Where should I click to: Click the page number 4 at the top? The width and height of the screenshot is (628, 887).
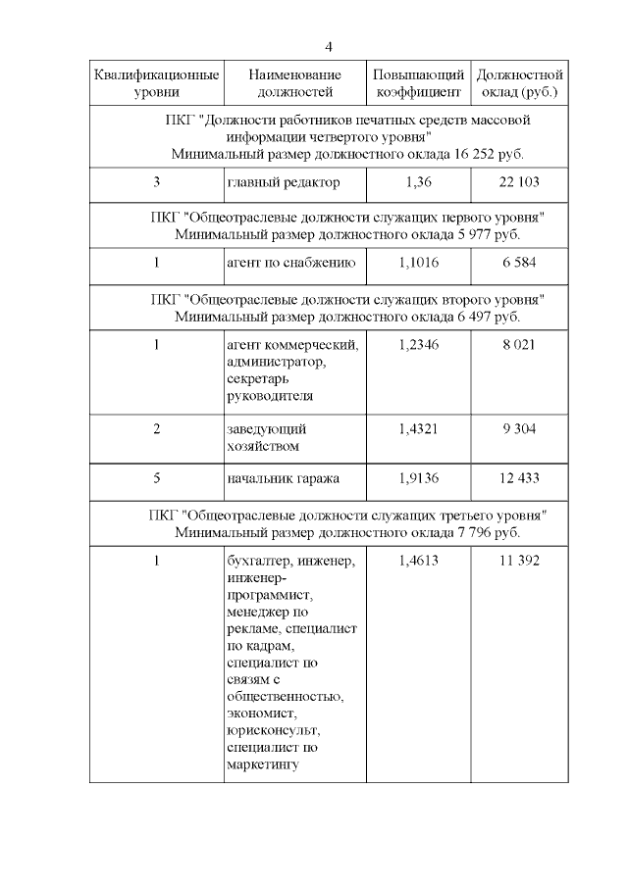click(330, 47)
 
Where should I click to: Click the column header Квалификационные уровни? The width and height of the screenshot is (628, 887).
click(157, 83)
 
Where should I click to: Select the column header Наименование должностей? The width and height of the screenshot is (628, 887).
click(294, 83)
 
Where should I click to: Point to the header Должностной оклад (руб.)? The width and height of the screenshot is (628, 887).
click(519, 83)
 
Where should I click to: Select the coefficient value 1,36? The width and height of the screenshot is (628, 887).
click(418, 182)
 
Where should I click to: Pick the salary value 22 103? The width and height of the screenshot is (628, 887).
click(519, 182)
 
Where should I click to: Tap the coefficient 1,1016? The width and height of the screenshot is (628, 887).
click(418, 264)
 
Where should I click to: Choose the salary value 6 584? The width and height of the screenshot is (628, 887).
click(519, 264)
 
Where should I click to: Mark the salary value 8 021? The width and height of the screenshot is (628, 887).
click(519, 345)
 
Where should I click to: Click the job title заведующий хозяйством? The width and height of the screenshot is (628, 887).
click(268, 437)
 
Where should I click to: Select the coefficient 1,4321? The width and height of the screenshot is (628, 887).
click(418, 428)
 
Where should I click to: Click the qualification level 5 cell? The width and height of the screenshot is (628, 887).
click(157, 477)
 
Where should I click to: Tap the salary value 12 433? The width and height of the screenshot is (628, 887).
click(519, 477)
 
